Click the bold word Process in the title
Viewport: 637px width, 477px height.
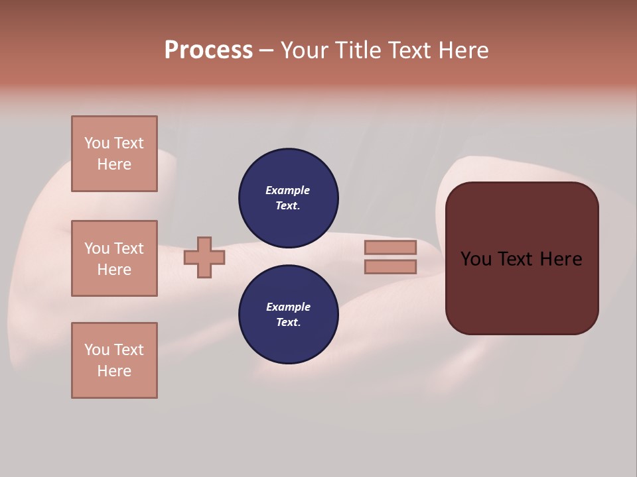(208, 50)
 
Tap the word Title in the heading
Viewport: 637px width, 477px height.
(357, 50)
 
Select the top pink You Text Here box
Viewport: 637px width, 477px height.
(114, 154)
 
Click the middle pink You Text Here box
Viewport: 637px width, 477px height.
(114, 258)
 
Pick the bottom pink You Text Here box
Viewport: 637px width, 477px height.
(114, 360)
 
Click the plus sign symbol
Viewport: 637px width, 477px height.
(204, 257)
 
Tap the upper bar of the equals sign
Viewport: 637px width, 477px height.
(390, 247)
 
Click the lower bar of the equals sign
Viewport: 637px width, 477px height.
(390, 267)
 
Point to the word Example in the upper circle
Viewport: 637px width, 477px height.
(288, 190)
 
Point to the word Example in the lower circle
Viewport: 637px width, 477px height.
(288, 307)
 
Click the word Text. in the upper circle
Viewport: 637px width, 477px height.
(288, 205)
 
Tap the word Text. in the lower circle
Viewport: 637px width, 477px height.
(288, 322)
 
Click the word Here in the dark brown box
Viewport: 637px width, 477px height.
(561, 259)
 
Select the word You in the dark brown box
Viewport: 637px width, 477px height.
(476, 259)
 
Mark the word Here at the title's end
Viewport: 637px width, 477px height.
(462, 50)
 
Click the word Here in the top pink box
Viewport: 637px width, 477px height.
(114, 164)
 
